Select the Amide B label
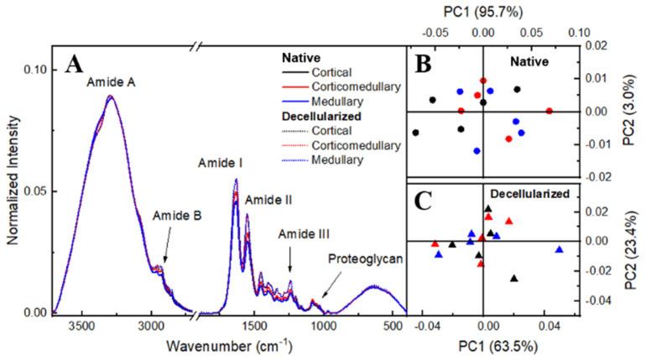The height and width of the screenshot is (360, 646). [176, 215]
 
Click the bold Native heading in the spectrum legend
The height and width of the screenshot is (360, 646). [298, 58]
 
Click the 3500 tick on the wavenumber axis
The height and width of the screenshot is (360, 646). [81, 326]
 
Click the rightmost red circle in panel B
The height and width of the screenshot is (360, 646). [550, 111]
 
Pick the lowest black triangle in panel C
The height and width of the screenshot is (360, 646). [514, 279]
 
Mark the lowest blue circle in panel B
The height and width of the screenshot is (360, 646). [477, 151]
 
